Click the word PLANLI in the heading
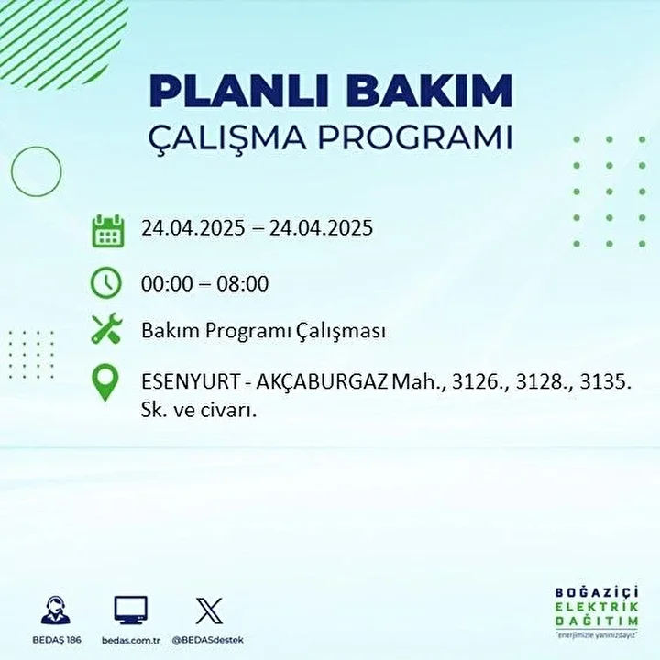coord(238,91)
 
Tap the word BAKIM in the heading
coord(428,91)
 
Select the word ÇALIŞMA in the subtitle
coord(227,138)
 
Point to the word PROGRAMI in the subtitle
coord(415,137)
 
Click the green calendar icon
coord(108,231)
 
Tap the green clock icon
coord(106,282)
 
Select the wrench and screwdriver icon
coord(106,328)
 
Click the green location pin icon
coord(105,382)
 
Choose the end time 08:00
coord(243,283)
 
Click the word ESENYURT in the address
coord(191,382)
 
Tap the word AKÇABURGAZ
coord(322,382)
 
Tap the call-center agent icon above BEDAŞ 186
coord(56,610)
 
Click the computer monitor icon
coord(131,610)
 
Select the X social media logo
coord(209,610)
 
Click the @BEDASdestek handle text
coord(208,640)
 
